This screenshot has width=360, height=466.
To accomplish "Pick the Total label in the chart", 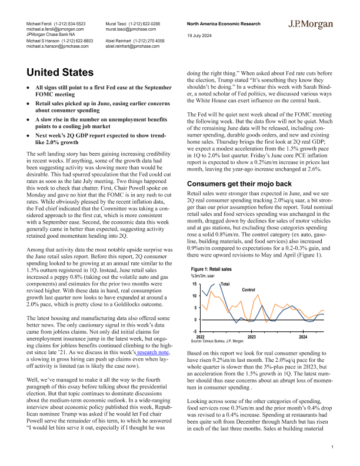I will pyautogui.click(x=224, y=284).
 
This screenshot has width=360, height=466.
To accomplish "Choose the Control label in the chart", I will pyautogui.click(x=249, y=290).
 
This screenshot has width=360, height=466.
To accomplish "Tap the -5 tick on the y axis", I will pyautogui.click(x=194, y=331).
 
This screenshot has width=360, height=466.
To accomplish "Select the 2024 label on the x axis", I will pyautogui.click(x=302, y=337).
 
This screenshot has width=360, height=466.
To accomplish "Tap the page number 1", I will pyautogui.click(x=332, y=448).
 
